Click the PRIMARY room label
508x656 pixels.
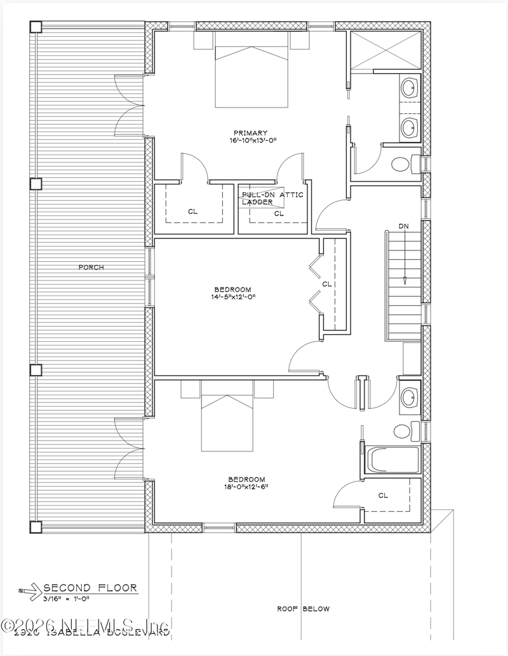(x=250, y=133)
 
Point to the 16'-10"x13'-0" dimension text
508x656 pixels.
(x=250, y=140)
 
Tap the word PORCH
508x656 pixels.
(x=91, y=267)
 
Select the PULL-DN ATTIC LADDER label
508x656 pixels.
(x=265, y=198)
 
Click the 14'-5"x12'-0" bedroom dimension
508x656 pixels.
(x=234, y=296)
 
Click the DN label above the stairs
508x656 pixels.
(x=404, y=226)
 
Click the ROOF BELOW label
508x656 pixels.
(x=303, y=609)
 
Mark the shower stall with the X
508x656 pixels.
(x=385, y=49)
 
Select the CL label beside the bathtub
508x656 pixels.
(x=382, y=495)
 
